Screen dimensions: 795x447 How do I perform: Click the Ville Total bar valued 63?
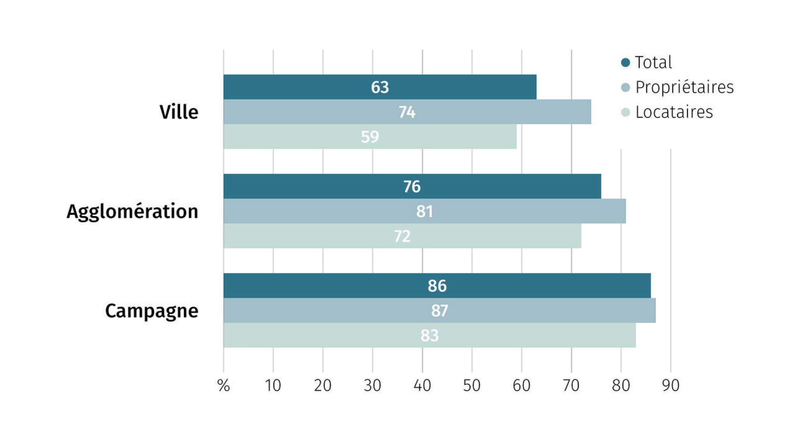pos(380,87)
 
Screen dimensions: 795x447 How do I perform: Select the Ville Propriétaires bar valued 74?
pos(407,112)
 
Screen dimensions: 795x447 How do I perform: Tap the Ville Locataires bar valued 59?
pos(370,137)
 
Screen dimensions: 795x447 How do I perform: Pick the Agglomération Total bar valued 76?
pos(412,186)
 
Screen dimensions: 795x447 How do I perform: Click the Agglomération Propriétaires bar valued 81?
pos(425,211)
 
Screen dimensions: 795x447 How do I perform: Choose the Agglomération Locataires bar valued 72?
pos(402,236)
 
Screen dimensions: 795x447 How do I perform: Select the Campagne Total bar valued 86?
pos(437,286)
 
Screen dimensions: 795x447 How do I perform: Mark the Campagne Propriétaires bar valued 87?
pos(440,310)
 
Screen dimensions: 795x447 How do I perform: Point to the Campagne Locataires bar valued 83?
pos(430,335)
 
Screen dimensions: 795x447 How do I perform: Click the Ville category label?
pos(179,112)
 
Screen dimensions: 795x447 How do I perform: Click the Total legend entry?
pos(646,62)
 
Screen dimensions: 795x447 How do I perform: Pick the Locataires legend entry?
pos(667,112)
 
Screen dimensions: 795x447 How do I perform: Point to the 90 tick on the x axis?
pos(671,386)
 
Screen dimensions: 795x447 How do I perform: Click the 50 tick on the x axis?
pos(472,386)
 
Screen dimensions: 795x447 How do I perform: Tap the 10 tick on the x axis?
pos(273,386)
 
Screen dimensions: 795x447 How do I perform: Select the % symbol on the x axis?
pos(224,386)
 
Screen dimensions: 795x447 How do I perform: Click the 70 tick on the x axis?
pos(571,386)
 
